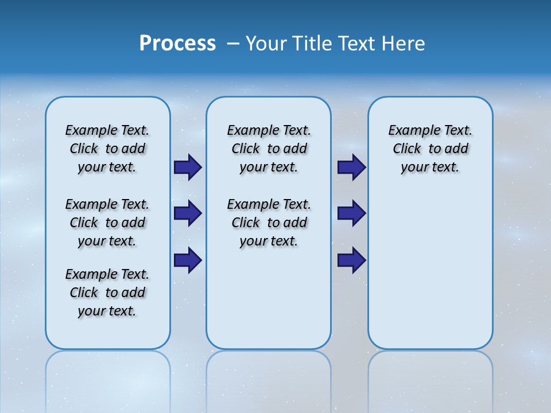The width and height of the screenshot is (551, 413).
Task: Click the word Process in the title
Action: (x=177, y=44)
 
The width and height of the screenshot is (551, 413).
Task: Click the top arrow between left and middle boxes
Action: (x=187, y=167)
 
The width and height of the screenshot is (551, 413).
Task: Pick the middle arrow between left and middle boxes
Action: (x=187, y=213)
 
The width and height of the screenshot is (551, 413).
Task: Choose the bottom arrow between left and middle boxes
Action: (x=187, y=260)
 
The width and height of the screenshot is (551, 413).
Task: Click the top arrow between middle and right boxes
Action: (x=351, y=167)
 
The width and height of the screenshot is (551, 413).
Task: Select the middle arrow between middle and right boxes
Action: (x=351, y=213)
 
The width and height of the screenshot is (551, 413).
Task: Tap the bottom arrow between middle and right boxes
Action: (x=351, y=260)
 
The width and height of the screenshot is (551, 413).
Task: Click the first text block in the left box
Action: (x=107, y=149)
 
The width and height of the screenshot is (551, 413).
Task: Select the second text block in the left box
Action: (x=107, y=223)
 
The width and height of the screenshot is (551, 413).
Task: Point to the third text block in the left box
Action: (x=107, y=293)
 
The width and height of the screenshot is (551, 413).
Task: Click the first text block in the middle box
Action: (x=269, y=149)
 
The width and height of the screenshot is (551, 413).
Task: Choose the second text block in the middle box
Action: (x=269, y=223)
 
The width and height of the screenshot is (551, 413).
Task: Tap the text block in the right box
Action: (x=430, y=149)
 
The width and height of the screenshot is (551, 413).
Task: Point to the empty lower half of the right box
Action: (x=430, y=270)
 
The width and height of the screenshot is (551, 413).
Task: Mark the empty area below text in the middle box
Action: (x=269, y=298)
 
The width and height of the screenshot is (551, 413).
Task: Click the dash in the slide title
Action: (x=233, y=44)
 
